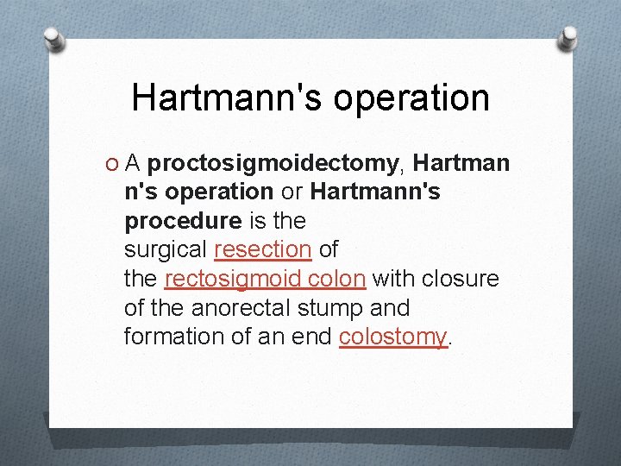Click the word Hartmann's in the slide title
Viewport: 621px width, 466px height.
point(228,98)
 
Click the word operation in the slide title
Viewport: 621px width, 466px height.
point(411,99)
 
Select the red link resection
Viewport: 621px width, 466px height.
point(262,250)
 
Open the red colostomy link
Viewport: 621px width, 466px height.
point(393,337)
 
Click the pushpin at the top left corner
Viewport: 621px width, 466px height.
point(53,40)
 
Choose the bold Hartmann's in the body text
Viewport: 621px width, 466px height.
point(374,192)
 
